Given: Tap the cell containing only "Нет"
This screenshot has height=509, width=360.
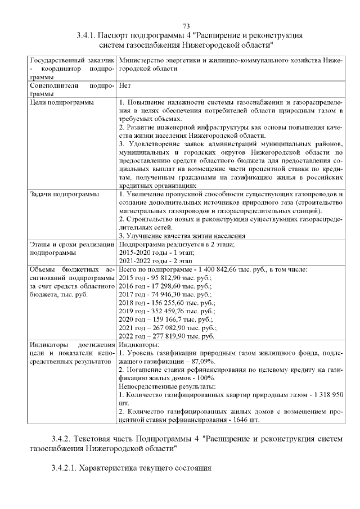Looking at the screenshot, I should pyautogui.click(x=125, y=86).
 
